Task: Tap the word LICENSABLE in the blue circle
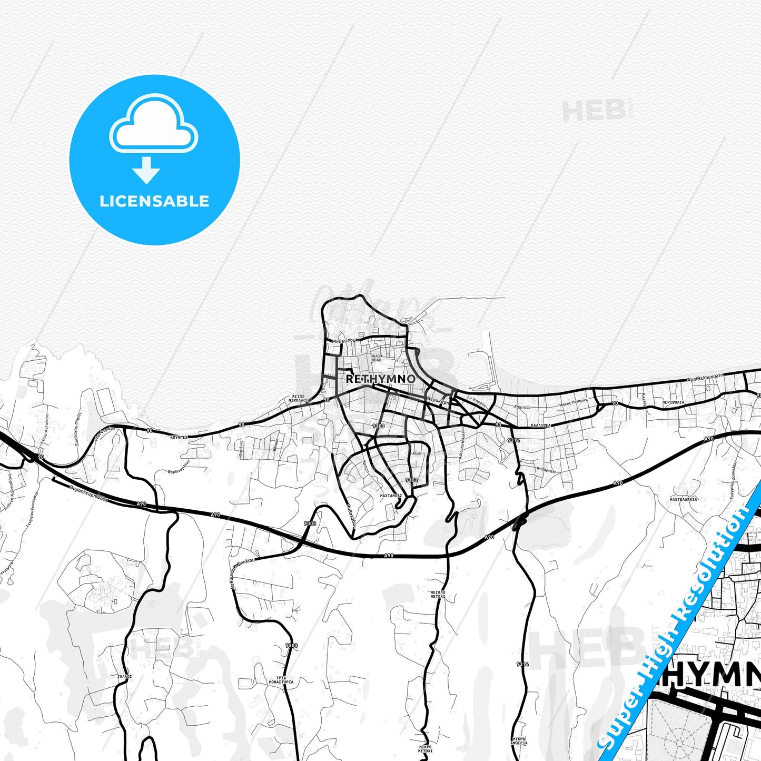[154, 201]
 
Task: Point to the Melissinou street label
[344, 341]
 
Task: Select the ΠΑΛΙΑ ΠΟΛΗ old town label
[376, 358]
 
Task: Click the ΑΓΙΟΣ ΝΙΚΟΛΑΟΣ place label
[298, 398]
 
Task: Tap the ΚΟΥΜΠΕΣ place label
[179, 437]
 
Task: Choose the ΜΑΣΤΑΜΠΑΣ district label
[391, 496]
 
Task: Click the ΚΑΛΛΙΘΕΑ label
[540, 425]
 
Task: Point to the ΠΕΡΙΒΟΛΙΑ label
[674, 402]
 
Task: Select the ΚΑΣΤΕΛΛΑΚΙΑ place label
[684, 499]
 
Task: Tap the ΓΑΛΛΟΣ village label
[125, 676]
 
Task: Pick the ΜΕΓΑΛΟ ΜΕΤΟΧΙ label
[438, 594]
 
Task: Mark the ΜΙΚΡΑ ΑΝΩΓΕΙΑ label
[519, 741]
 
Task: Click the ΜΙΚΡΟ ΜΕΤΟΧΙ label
[426, 749]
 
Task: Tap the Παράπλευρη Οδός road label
[88, 493]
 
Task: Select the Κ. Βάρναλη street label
[546, 469]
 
